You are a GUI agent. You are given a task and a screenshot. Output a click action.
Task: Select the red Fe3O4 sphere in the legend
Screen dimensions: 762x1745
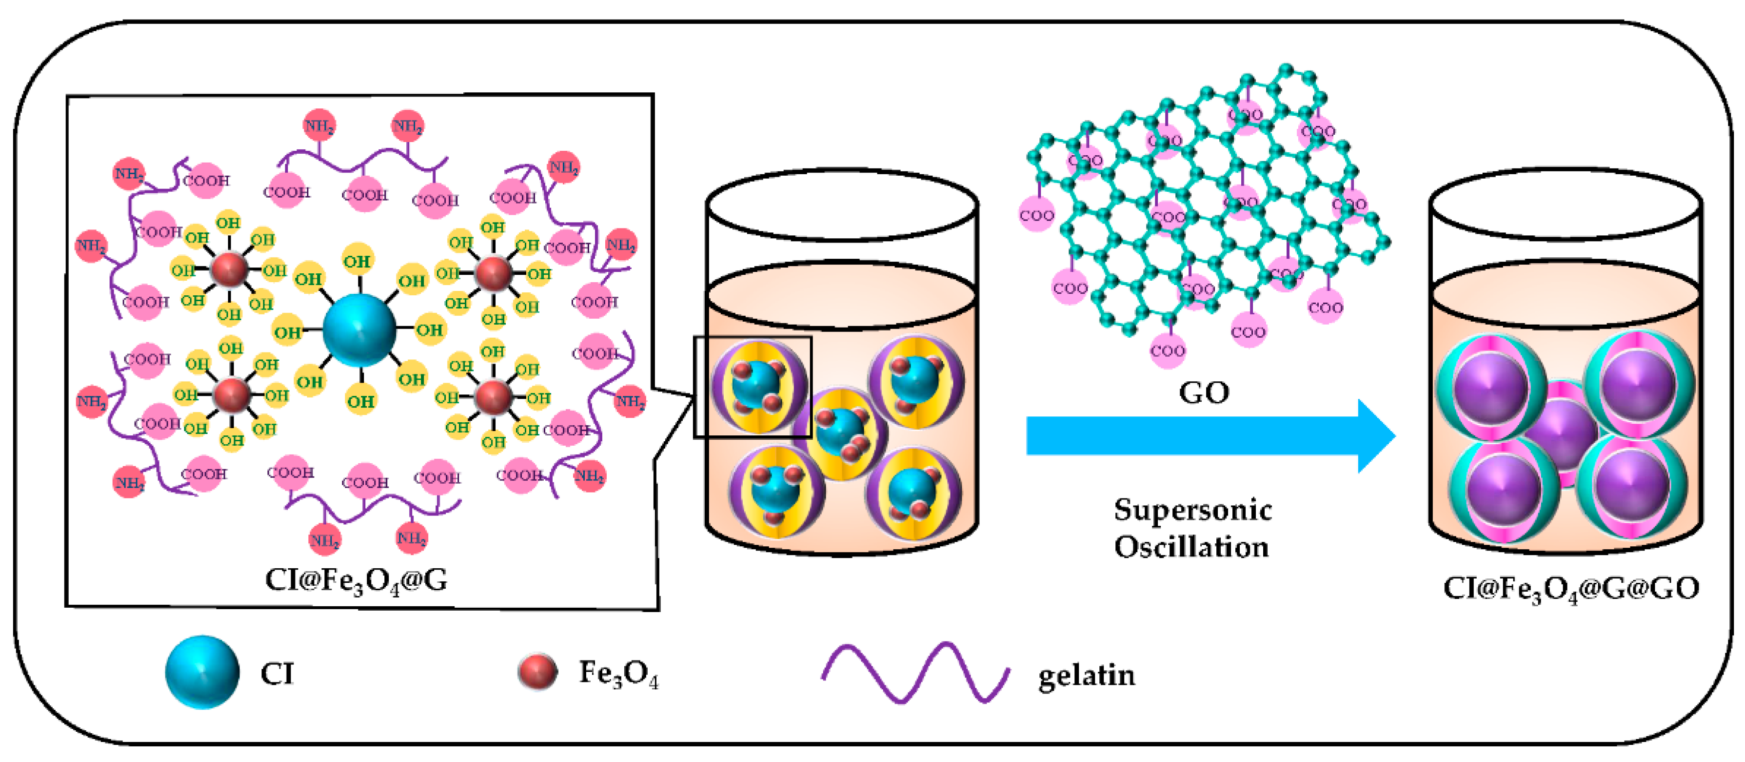point(537,672)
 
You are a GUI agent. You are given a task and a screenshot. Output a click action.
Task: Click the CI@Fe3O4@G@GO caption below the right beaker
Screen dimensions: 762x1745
point(1571,588)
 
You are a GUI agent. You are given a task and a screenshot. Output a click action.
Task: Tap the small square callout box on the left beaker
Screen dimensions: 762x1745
point(753,387)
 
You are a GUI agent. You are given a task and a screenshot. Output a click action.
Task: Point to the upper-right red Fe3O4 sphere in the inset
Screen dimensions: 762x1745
point(493,273)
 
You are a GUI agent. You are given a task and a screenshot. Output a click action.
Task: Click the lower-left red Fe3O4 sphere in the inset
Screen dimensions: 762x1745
point(232,394)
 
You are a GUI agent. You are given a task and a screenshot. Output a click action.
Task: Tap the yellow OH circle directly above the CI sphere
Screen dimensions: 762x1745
point(357,261)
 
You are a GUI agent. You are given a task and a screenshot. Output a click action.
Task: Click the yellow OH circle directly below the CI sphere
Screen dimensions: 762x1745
point(360,401)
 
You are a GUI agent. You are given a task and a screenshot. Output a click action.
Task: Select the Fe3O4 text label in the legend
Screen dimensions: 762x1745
point(618,674)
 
